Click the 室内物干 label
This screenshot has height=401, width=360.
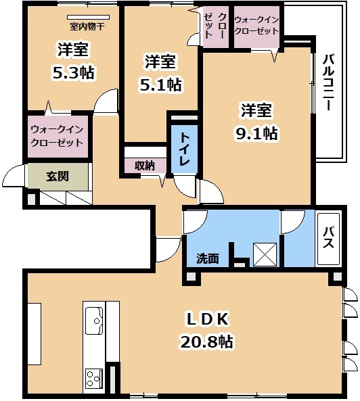87,26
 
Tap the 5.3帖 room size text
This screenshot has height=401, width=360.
74,72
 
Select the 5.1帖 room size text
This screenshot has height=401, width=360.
160,85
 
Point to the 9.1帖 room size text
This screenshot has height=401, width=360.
256,133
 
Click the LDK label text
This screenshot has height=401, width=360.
207,319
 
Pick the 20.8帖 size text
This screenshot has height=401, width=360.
207,341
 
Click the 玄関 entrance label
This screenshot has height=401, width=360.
58,176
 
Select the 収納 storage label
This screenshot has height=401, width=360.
145,166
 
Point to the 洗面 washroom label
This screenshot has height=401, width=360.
208,258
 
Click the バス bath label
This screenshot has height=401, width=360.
328,238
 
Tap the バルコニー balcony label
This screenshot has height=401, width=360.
328,82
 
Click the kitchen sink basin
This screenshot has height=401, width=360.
94,321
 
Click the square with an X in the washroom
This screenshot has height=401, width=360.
265,254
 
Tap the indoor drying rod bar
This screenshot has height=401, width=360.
88,17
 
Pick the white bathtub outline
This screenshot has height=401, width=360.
328,239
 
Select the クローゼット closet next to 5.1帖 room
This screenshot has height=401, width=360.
215,26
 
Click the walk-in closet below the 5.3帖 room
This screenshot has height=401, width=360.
58,137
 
